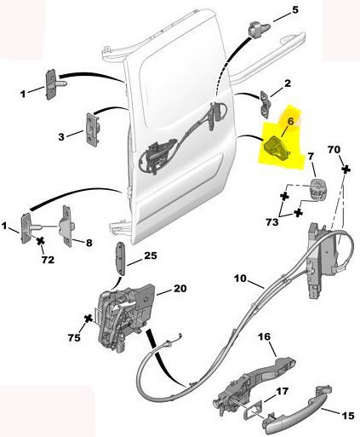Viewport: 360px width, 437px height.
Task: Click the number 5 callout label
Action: [x=295, y=10]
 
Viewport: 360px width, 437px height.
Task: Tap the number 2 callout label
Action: [x=288, y=83]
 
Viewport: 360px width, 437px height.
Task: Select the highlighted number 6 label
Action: [x=290, y=121]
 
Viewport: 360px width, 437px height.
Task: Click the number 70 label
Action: [x=334, y=149]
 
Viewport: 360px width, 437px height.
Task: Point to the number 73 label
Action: [x=272, y=222]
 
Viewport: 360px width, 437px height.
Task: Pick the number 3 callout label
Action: [x=61, y=137]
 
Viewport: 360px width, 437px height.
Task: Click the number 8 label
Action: [x=89, y=243]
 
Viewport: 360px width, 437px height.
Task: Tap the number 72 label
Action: [x=48, y=260]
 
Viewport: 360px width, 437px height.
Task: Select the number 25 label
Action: [x=151, y=256]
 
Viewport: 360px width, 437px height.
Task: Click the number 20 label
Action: [x=180, y=289]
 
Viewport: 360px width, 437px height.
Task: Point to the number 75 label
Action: [x=74, y=337]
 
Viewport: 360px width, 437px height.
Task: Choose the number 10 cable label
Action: [x=241, y=279]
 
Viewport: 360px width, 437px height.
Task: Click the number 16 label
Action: [x=265, y=337]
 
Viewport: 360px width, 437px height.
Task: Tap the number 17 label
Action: [x=282, y=391]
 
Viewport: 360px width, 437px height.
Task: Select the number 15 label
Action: [x=348, y=416]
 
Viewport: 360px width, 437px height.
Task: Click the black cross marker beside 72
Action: [x=41, y=241]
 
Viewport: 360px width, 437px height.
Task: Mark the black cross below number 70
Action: [x=346, y=170]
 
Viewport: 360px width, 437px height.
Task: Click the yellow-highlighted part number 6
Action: [x=275, y=147]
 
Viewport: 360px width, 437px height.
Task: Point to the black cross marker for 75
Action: [x=89, y=319]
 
